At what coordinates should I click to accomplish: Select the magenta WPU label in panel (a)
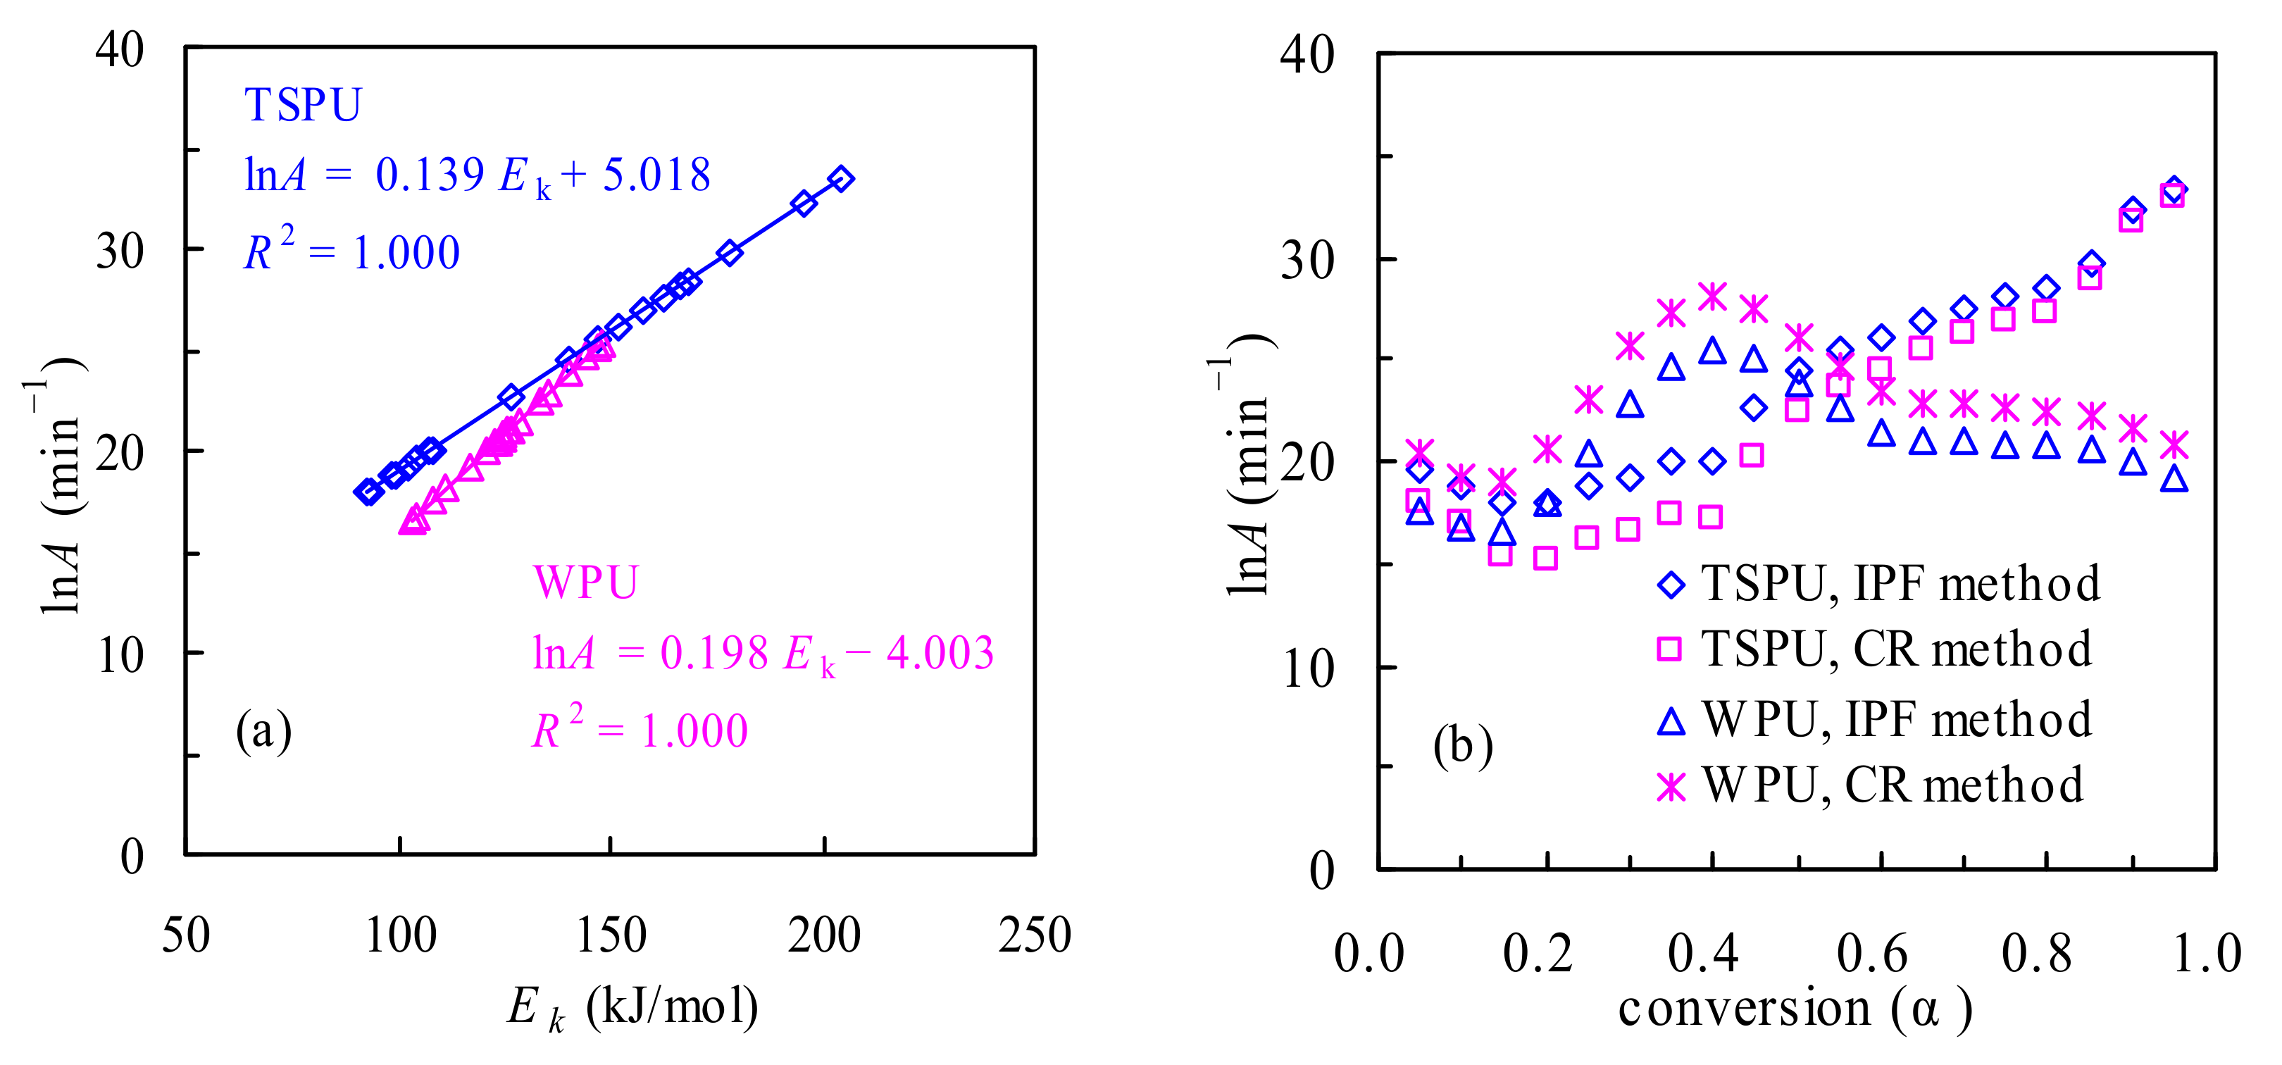click(x=585, y=583)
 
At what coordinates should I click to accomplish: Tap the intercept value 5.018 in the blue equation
click(x=656, y=175)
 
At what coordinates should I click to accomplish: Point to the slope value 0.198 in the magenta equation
click(x=714, y=654)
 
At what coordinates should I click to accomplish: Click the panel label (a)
click(x=263, y=731)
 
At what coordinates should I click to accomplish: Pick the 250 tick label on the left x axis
click(x=1035, y=935)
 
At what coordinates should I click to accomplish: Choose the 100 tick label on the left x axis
click(x=401, y=935)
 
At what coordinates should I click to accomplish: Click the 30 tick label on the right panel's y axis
click(x=1307, y=261)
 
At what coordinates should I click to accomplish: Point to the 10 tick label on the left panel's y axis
click(x=120, y=656)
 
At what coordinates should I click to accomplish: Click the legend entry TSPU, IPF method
click(x=1900, y=584)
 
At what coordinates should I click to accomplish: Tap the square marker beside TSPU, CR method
click(x=1670, y=649)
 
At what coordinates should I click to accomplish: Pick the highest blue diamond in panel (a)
click(x=841, y=179)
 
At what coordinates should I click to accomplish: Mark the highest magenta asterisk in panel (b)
click(x=1712, y=297)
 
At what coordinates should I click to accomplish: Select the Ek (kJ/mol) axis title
click(x=632, y=1007)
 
